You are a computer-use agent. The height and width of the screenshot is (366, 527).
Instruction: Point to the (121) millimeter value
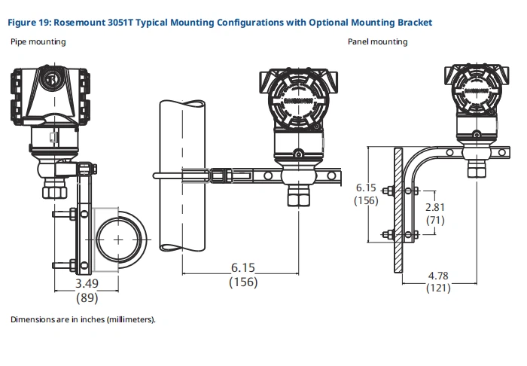[438, 288]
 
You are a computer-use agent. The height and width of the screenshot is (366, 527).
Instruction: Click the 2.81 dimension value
[435, 207]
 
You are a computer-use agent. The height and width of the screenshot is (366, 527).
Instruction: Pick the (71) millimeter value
[435, 220]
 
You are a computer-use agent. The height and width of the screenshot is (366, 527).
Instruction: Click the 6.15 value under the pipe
[243, 268]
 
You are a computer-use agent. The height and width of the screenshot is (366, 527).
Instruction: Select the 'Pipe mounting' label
[38, 41]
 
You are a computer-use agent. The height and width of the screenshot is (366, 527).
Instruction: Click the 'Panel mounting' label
[377, 41]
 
